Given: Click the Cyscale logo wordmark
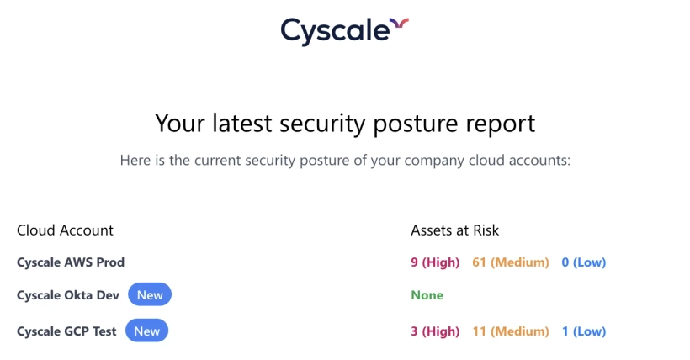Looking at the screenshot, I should pyautogui.click(x=335, y=31).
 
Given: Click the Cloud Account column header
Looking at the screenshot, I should pyautogui.click(x=65, y=230).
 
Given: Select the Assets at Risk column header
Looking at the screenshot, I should pyautogui.click(x=455, y=230).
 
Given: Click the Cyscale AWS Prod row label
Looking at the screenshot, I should pyautogui.click(x=71, y=262).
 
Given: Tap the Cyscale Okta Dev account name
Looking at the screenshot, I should pyautogui.click(x=69, y=295).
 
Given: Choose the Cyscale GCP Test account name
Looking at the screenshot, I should pyautogui.click(x=67, y=331).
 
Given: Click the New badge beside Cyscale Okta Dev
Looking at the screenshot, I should pyautogui.click(x=150, y=295).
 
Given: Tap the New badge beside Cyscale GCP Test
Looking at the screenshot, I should pyautogui.click(x=147, y=331).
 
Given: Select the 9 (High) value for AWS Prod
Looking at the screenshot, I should pyautogui.click(x=435, y=262).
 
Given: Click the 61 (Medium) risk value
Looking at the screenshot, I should pyautogui.click(x=510, y=262).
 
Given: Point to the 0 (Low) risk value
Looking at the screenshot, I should pyautogui.click(x=583, y=262).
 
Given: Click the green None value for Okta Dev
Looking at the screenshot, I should pyautogui.click(x=427, y=295).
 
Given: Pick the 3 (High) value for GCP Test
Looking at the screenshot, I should pyautogui.click(x=435, y=331).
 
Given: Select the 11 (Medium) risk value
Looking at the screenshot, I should pyautogui.click(x=510, y=331).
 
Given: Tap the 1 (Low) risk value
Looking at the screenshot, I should pyautogui.click(x=583, y=331).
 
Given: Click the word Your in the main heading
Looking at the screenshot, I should pyautogui.click(x=180, y=124).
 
